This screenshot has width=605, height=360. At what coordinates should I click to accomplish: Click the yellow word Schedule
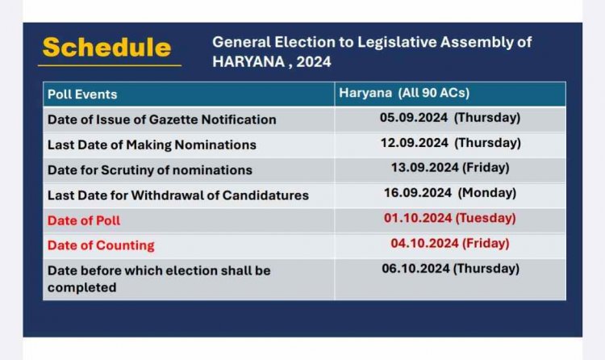click(106, 48)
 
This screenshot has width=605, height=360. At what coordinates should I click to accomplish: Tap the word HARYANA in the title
click(249, 62)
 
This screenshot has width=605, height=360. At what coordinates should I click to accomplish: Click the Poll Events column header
click(82, 94)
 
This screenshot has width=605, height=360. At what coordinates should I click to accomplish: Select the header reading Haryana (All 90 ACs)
click(404, 93)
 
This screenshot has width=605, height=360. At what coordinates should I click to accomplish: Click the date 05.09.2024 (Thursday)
click(450, 117)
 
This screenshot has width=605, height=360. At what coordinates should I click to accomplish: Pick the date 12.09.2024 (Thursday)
click(451, 143)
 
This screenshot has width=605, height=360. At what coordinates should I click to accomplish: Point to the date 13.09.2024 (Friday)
click(450, 168)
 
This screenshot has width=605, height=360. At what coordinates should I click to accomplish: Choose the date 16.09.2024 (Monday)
click(450, 193)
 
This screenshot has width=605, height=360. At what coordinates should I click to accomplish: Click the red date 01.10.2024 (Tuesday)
click(450, 218)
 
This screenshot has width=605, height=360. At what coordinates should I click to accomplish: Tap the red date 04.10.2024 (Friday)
click(450, 243)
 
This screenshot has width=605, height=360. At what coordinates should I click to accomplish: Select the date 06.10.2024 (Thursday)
click(451, 269)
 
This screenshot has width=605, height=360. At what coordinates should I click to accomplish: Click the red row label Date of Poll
click(84, 220)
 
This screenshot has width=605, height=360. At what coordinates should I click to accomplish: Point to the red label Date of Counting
click(101, 245)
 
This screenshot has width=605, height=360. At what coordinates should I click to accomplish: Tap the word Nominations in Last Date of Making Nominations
click(215, 144)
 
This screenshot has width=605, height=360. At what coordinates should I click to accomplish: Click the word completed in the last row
click(81, 288)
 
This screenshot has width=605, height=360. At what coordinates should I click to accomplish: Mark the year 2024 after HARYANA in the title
click(314, 62)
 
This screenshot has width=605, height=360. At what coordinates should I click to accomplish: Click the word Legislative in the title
click(397, 42)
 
